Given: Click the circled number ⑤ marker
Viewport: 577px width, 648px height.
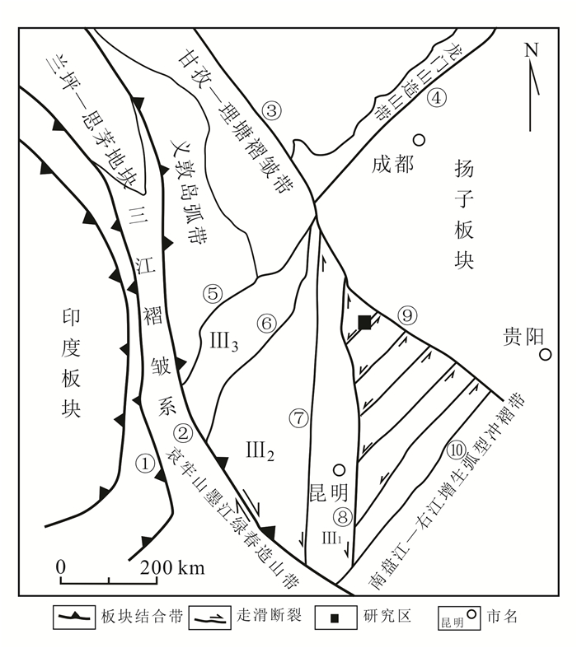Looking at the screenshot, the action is (x=213, y=291).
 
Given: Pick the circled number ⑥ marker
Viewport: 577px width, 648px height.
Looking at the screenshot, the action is (x=265, y=324).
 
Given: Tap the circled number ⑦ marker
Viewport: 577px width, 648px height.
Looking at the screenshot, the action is (x=298, y=417).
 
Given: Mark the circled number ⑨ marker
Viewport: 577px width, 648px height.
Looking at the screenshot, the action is (x=407, y=314).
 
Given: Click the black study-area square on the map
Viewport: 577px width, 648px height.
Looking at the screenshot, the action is (x=364, y=322).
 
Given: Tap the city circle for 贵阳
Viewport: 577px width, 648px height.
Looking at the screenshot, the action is (x=545, y=355).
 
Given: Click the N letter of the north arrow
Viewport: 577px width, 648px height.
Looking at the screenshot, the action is (x=532, y=50).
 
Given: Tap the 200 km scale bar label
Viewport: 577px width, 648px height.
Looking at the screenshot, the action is (x=173, y=567).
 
